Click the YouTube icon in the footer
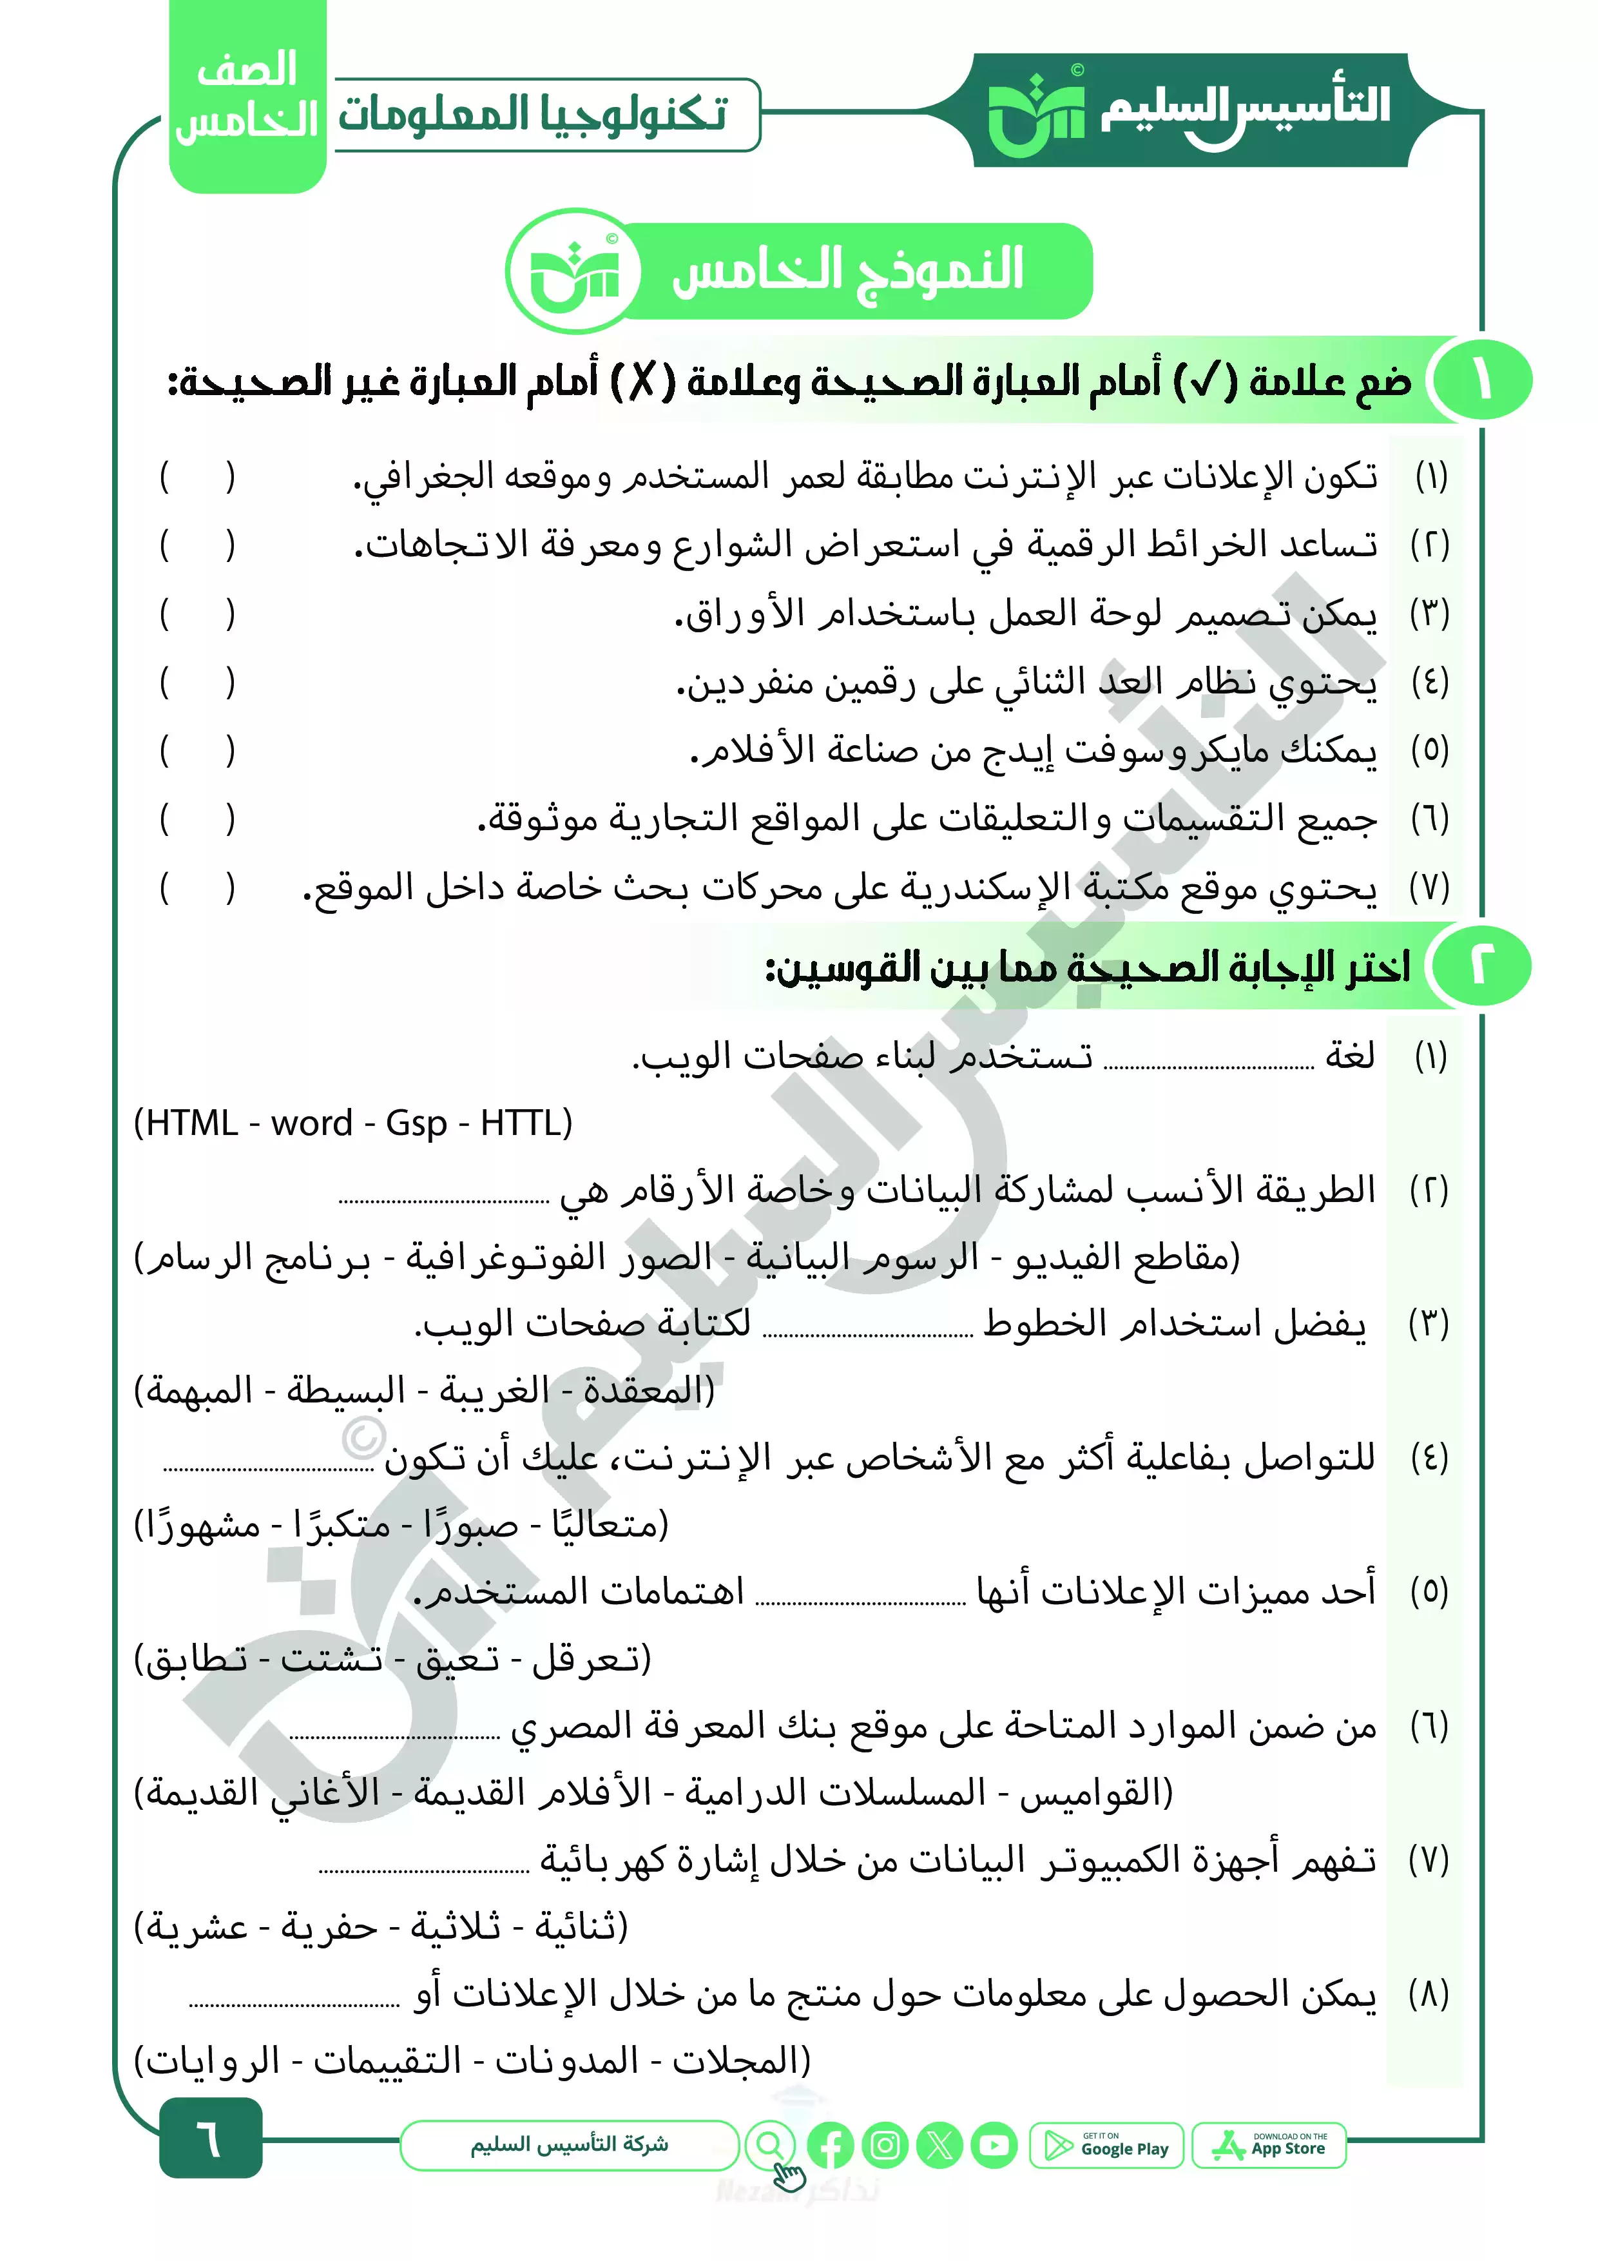pyautogui.click(x=994, y=2145)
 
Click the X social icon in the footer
pyautogui.click(x=939, y=2145)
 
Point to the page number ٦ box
pyautogui.click(x=211, y=2138)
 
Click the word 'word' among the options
pyautogui.click(x=311, y=1123)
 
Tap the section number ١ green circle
pyautogui.click(x=1482, y=381)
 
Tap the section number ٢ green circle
pyautogui.click(x=1482, y=966)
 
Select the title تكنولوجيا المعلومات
pyautogui.click(x=533, y=114)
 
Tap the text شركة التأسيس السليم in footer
pyautogui.click(x=569, y=2144)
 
